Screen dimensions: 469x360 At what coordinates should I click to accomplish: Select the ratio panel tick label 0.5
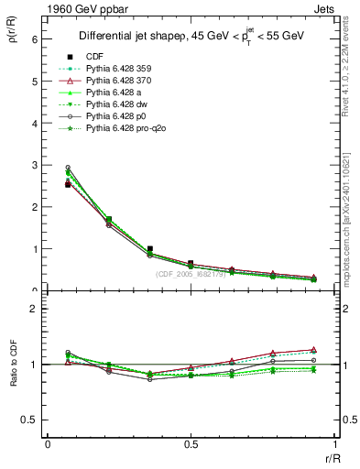28,420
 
